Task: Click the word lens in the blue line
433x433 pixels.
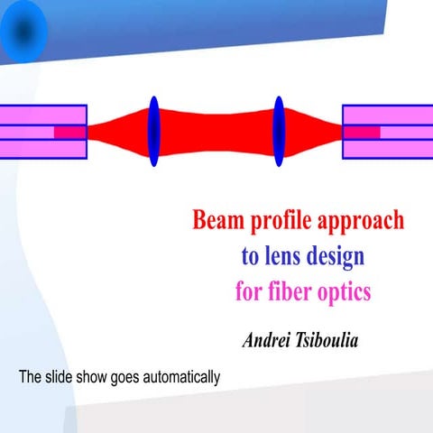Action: coord(284,257)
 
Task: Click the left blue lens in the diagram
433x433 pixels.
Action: coord(153,132)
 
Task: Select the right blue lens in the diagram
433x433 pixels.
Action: coord(279,132)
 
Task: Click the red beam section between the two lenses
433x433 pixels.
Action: coord(216,132)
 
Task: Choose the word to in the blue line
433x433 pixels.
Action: coord(251,257)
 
